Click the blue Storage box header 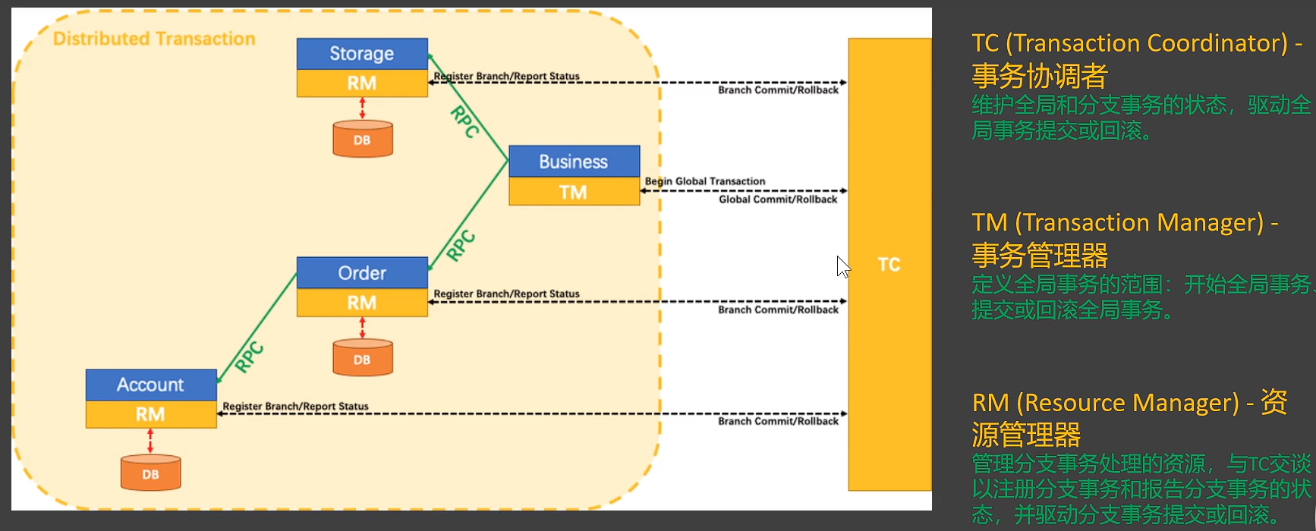[362, 54]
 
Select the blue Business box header [574, 162]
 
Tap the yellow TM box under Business [574, 192]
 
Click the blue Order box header [362, 273]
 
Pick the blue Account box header [151, 385]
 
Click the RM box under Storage [362, 83]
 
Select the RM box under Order [362, 303]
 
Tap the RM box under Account [151, 414]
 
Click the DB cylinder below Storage [363, 140]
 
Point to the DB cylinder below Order [363, 359]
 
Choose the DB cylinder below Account [151, 473]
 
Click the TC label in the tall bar [889, 265]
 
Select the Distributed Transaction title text [154, 39]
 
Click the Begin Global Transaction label [705, 181]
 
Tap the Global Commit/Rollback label [778, 200]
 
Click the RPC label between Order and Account [249, 357]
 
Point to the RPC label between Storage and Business [464, 122]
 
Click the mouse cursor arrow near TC [842, 266]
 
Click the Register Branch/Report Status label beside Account [295, 407]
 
